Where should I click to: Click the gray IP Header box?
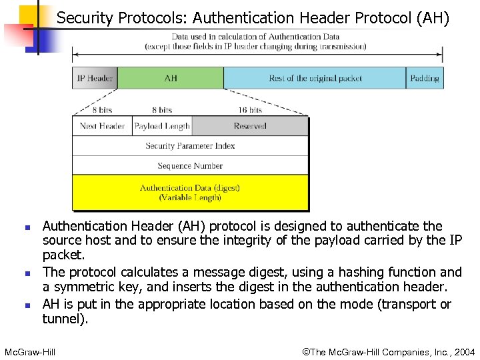coord(95,78)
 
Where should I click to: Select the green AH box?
coord(171,78)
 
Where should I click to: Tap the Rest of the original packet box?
coord(315,78)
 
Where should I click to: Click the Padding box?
coord(425,78)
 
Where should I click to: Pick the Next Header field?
coord(102,126)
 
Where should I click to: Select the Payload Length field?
coord(162,126)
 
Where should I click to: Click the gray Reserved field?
coord(250,126)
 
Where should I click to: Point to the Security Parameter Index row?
coord(190,145)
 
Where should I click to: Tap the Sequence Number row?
coord(190,165)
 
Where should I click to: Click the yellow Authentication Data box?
coord(190,193)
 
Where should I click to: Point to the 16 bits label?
coord(250,109)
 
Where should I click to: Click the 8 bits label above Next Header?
coord(102,109)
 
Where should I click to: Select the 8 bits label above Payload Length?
coord(162,109)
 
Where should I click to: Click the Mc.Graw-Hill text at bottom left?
coord(30,351)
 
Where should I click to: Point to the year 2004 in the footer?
coord(463,351)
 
